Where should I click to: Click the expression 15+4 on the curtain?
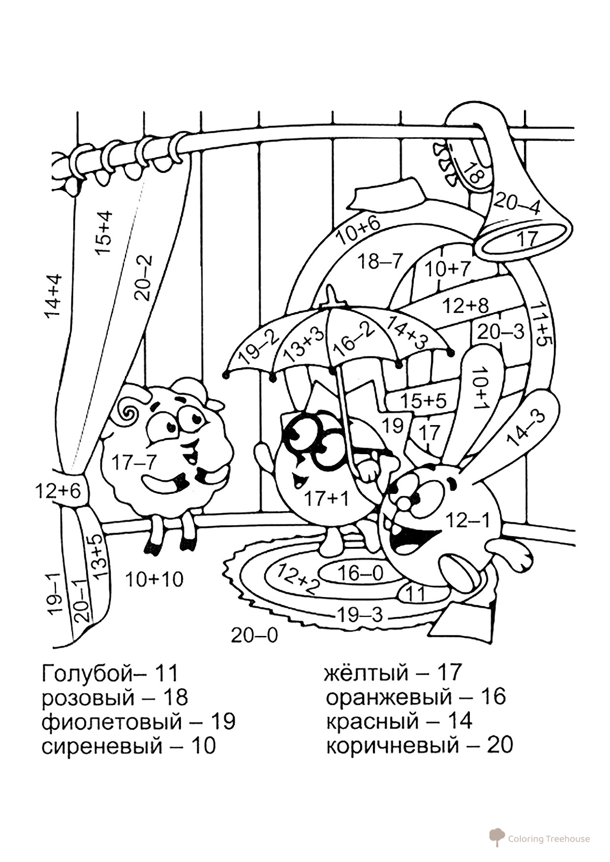click(104, 232)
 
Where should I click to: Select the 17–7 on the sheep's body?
click(134, 462)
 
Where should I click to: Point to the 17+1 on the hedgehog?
click(326, 499)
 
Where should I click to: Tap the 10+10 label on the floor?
click(154, 579)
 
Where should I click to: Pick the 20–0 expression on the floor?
click(254, 635)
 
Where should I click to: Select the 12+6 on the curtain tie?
click(58, 490)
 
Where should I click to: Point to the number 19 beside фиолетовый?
click(223, 721)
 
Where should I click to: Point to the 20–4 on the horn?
click(517, 203)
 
